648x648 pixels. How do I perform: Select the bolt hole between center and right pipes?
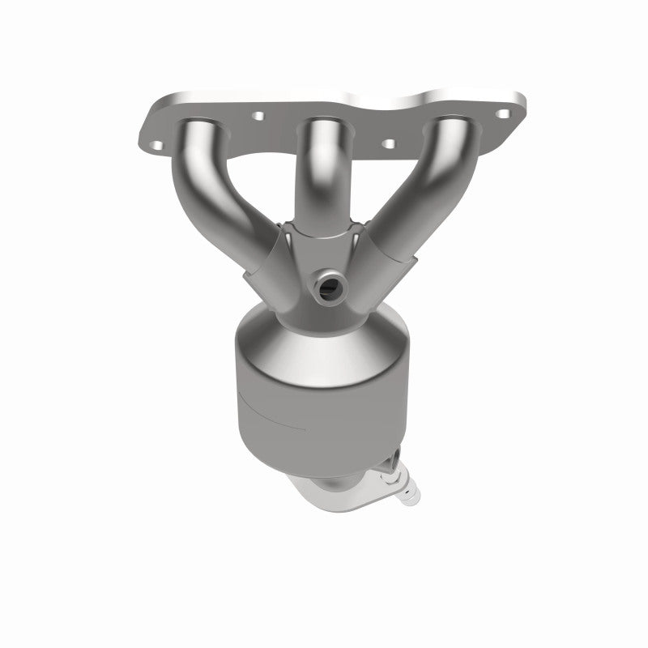coord(388,143)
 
